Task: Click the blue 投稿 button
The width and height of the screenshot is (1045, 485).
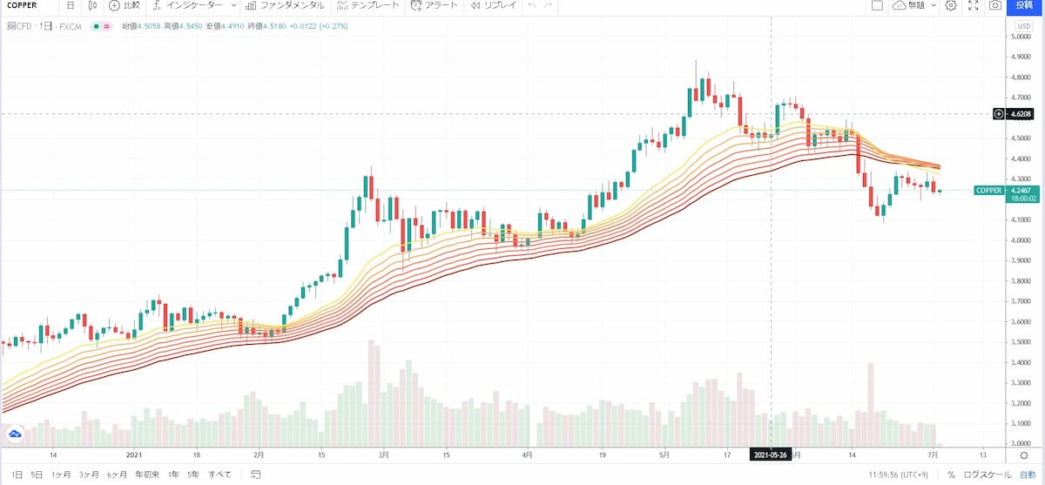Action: point(1025,5)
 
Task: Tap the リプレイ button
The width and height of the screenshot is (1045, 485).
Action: point(494,5)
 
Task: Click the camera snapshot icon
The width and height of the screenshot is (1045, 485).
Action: point(994,5)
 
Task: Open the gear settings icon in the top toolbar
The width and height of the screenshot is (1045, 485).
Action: point(951,5)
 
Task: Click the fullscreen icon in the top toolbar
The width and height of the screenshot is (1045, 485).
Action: point(973,5)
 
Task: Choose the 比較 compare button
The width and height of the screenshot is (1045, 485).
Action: point(124,5)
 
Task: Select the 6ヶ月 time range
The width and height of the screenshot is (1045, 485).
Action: point(116,475)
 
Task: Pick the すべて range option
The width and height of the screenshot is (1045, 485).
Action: point(219,475)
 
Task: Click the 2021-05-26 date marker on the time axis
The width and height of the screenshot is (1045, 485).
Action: point(771,455)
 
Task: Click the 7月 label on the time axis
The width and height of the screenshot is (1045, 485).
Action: point(933,455)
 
